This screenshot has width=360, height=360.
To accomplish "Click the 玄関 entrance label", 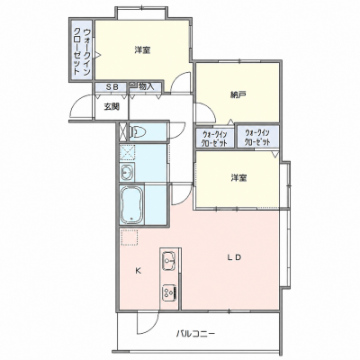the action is pyautogui.click(x=112, y=106).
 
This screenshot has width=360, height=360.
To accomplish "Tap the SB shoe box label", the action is pyautogui.click(x=112, y=87).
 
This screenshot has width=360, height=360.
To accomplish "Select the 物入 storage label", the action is pyautogui.click(x=146, y=87).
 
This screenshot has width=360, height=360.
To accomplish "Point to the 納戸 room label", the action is pyautogui.click(x=238, y=95).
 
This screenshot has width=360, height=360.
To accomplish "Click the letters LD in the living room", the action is pyautogui.click(x=234, y=257).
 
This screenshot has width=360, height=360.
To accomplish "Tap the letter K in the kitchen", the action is pyautogui.click(x=138, y=271).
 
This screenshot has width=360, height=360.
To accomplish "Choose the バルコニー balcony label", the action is pyautogui.click(x=195, y=333).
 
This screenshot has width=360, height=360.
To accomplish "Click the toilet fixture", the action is pyautogui.click(x=138, y=131).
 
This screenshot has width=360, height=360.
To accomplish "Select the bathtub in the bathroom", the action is pyautogui.click(x=131, y=204).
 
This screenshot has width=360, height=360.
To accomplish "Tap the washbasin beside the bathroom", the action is pyautogui.click(x=127, y=172).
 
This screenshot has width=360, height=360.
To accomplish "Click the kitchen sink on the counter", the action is pyautogui.click(x=168, y=261).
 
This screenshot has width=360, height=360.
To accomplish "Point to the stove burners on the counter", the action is pyautogui.click(x=169, y=292).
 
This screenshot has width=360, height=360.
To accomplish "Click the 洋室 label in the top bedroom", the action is pyautogui.click(x=142, y=50).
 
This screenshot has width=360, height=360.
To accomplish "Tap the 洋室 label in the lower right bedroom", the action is pyautogui.click(x=238, y=178).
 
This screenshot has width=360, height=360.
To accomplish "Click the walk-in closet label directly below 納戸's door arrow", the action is pyautogui.click(x=214, y=139).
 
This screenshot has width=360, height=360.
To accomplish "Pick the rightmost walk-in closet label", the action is pyautogui.click(x=257, y=137).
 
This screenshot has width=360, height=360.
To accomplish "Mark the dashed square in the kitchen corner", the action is pyautogui.click(x=129, y=238).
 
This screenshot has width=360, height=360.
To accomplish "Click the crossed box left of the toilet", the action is pyautogui.click(x=123, y=131).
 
